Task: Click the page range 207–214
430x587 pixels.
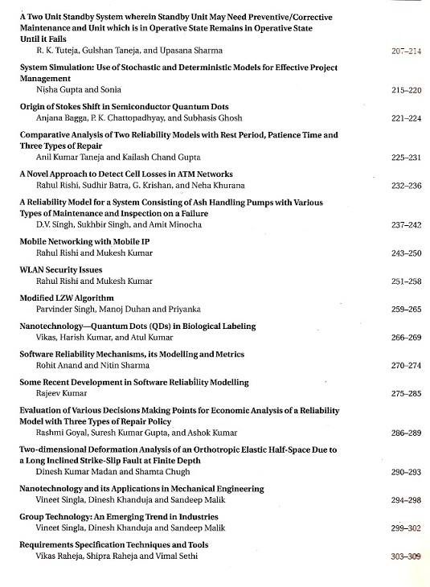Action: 405,51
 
